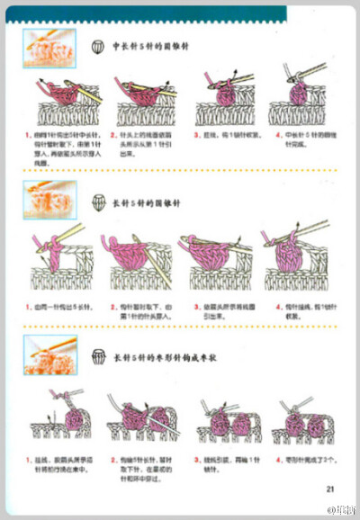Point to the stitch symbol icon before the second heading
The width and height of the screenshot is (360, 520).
(x=98, y=202)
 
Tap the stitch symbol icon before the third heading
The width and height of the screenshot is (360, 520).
(x=98, y=358)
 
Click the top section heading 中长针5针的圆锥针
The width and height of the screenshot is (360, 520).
(x=149, y=46)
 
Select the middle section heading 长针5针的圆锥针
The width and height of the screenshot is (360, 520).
(x=144, y=202)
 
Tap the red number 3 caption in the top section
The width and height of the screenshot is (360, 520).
(x=196, y=135)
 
